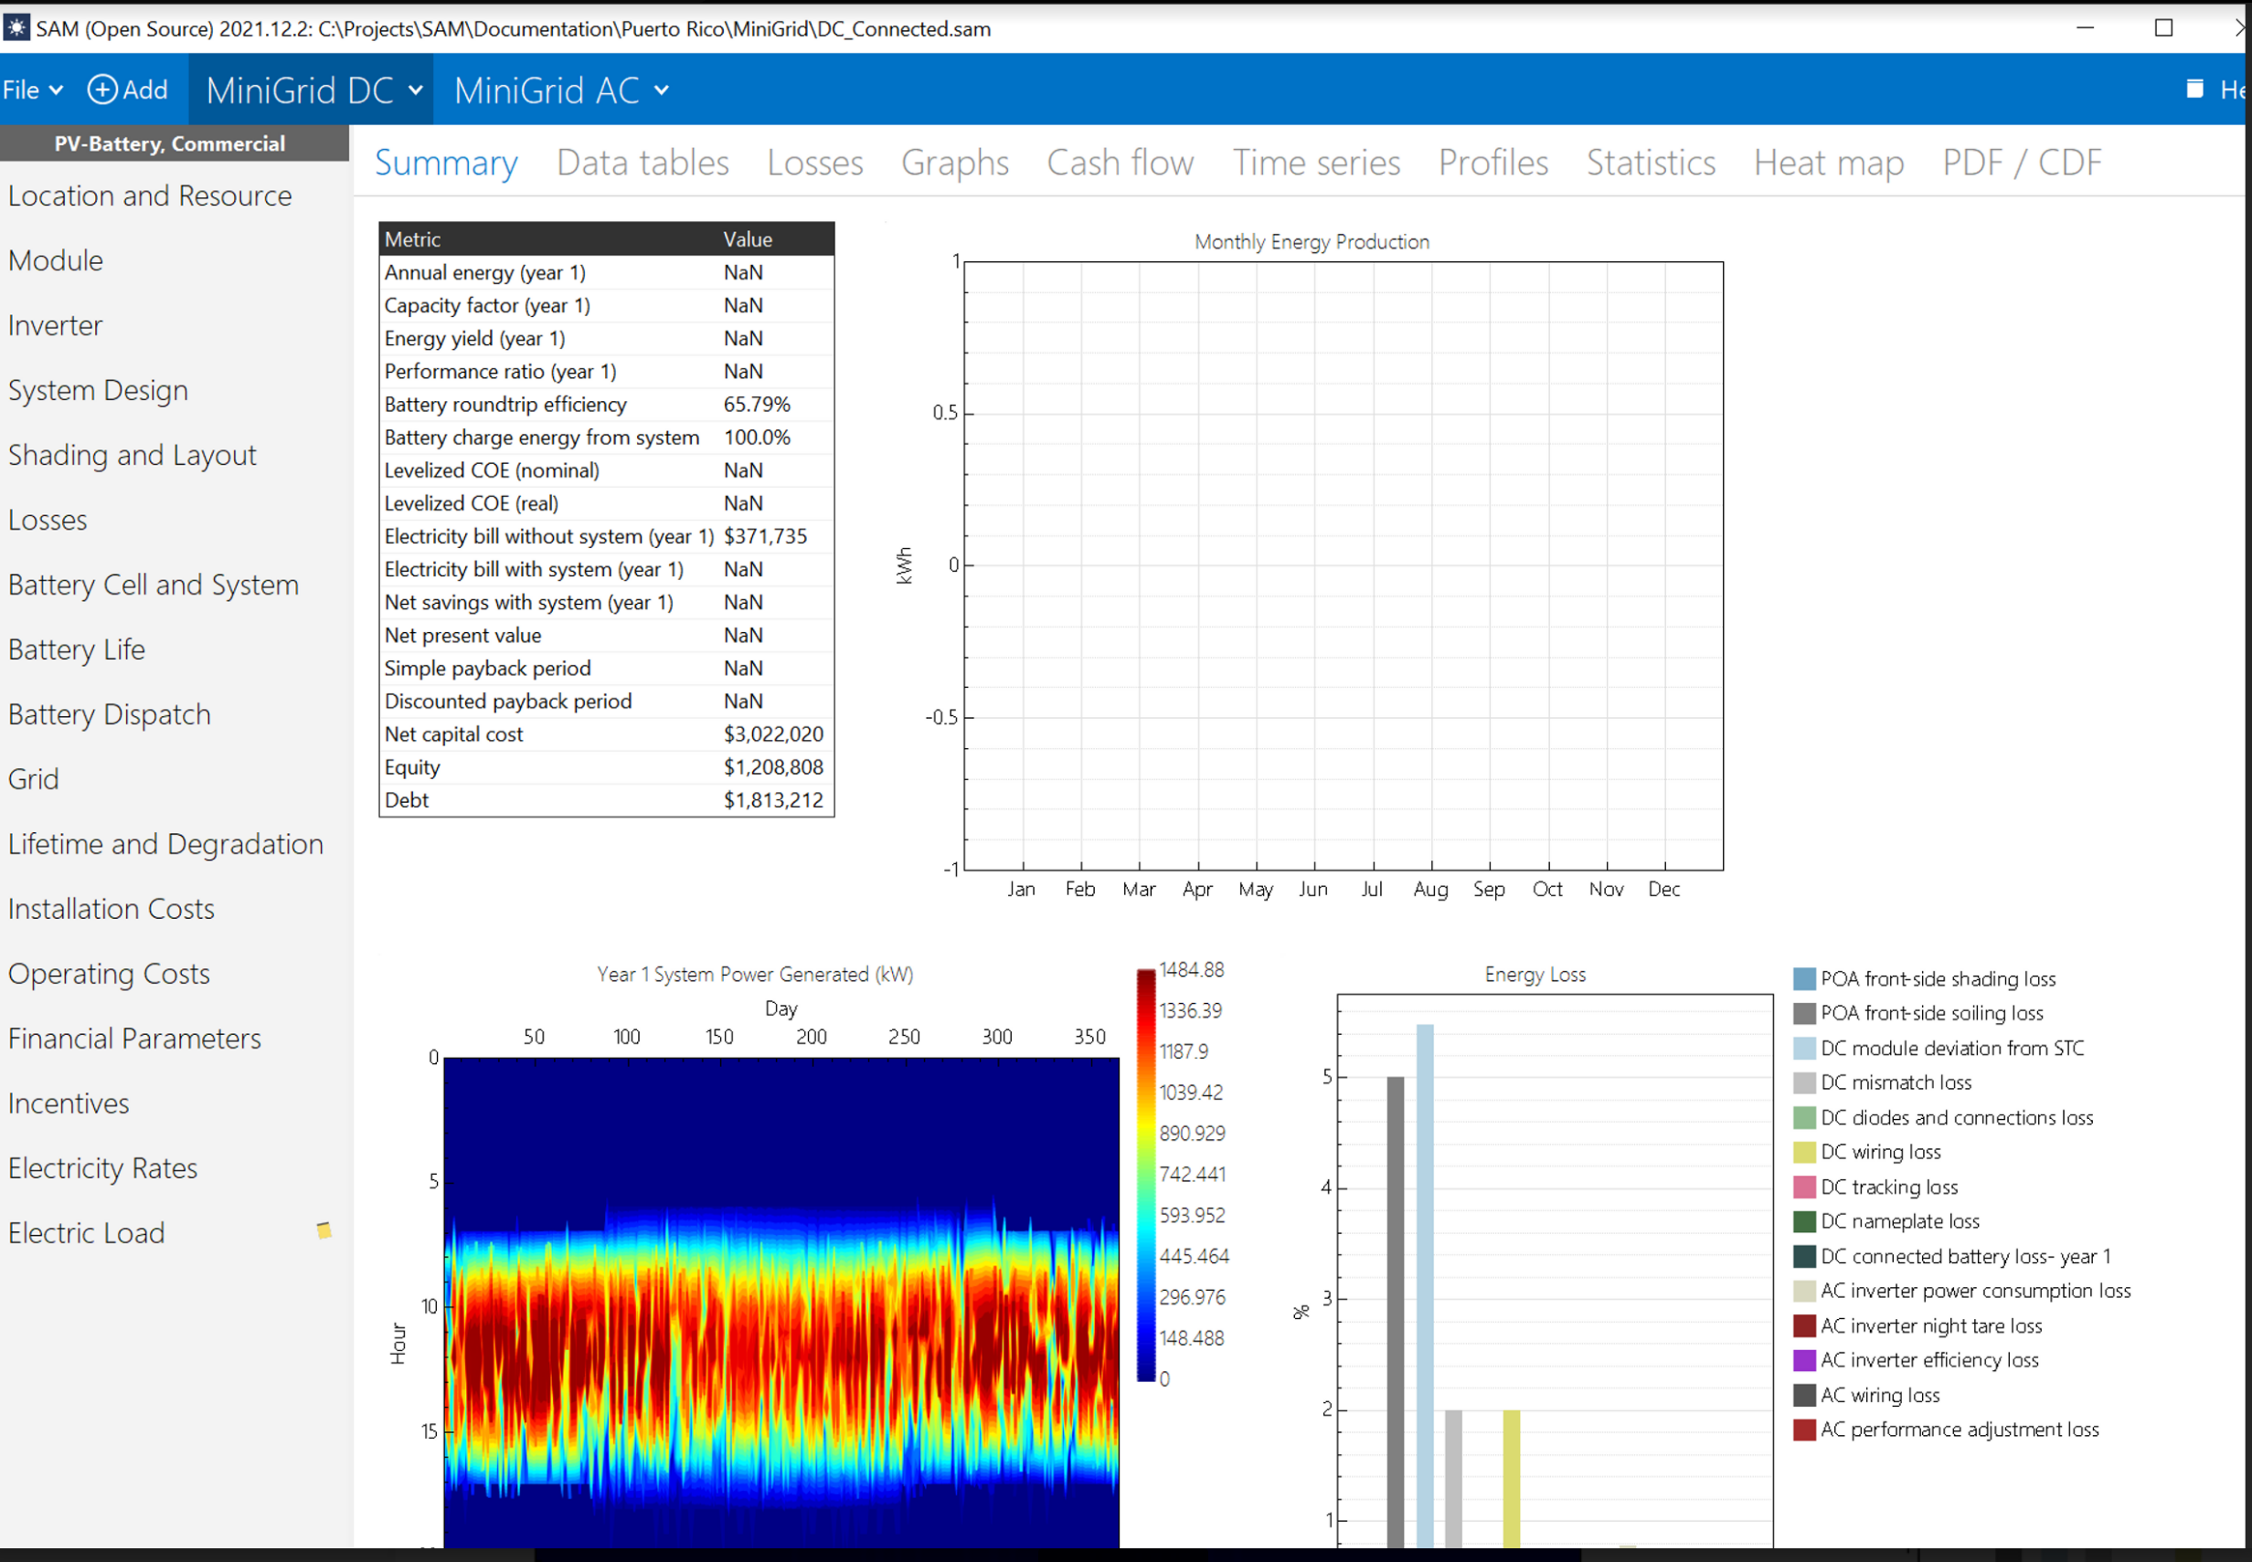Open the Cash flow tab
click(x=1120, y=163)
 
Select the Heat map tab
click(x=1828, y=163)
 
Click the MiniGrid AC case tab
click(x=560, y=90)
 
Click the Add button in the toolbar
click(x=127, y=90)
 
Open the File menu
click(x=32, y=90)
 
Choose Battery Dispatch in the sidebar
click(x=110, y=714)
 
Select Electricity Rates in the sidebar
click(x=102, y=1167)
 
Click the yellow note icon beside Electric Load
click(x=324, y=1230)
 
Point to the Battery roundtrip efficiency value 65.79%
click(x=756, y=404)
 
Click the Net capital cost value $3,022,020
click(x=772, y=734)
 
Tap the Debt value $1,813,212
click(x=772, y=799)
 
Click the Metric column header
click(x=412, y=238)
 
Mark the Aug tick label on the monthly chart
click(x=1429, y=889)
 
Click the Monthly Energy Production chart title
click(x=1311, y=242)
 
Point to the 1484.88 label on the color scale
click(x=1191, y=970)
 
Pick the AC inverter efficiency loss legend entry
click(x=1928, y=1360)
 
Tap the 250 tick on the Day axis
click(x=903, y=1037)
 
